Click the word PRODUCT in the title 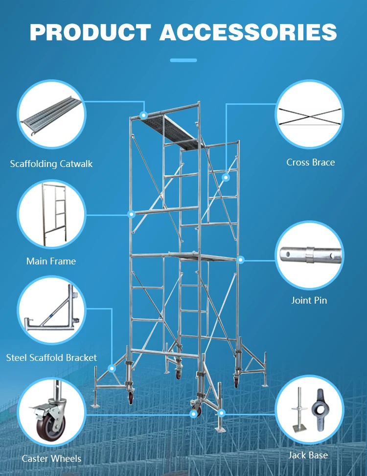(x=90, y=32)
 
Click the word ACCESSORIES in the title (x=248, y=32)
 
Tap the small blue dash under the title (x=183, y=60)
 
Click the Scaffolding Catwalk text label (x=51, y=164)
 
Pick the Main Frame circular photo (x=51, y=214)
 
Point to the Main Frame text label (x=51, y=261)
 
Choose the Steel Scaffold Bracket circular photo (x=51, y=310)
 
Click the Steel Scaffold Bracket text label (x=51, y=357)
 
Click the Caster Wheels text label (x=51, y=459)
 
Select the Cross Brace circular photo (x=309, y=115)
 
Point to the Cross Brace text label (x=311, y=162)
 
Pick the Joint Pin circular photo (x=309, y=255)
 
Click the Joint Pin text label (x=309, y=300)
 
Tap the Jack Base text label (x=308, y=455)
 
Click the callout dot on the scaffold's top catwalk (x=143, y=115)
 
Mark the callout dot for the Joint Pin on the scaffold (x=240, y=260)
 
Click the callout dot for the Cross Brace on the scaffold (x=226, y=177)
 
